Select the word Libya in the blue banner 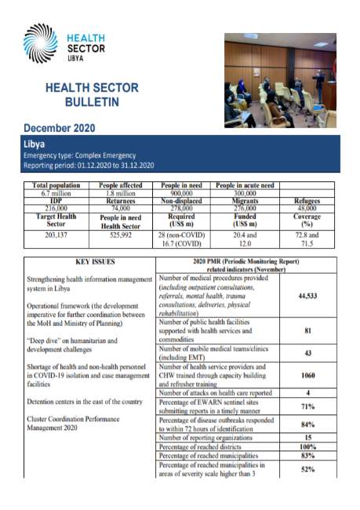[36, 144]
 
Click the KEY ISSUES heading [88, 262]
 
